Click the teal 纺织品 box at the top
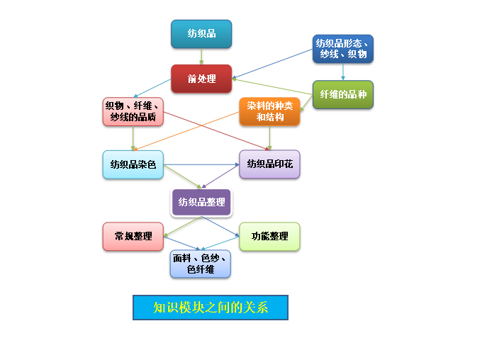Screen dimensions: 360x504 tap(201, 34)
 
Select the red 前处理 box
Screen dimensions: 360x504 tap(201, 79)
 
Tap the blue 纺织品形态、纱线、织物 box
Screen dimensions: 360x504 tap(343, 49)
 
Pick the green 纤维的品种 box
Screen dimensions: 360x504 tap(343, 94)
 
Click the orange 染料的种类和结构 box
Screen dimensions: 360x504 tap(269, 111)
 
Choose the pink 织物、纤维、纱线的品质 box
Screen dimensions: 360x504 tap(133, 111)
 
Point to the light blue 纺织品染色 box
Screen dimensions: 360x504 tap(133, 164)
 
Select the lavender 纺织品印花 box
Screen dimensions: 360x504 tap(269, 164)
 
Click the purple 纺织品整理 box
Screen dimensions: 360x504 tap(201, 202)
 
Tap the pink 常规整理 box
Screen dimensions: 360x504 tap(133, 236)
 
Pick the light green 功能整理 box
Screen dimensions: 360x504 tap(269, 236)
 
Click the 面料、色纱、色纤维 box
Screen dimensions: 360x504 tap(201, 264)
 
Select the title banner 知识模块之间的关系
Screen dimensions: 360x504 tap(211, 308)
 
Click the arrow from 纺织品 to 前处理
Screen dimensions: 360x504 tap(201, 57)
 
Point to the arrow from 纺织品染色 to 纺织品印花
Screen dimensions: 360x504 tap(202, 164)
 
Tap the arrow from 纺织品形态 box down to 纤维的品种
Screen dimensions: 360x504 tap(343, 72)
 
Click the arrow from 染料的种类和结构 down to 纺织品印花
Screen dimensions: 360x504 tap(269, 138)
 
